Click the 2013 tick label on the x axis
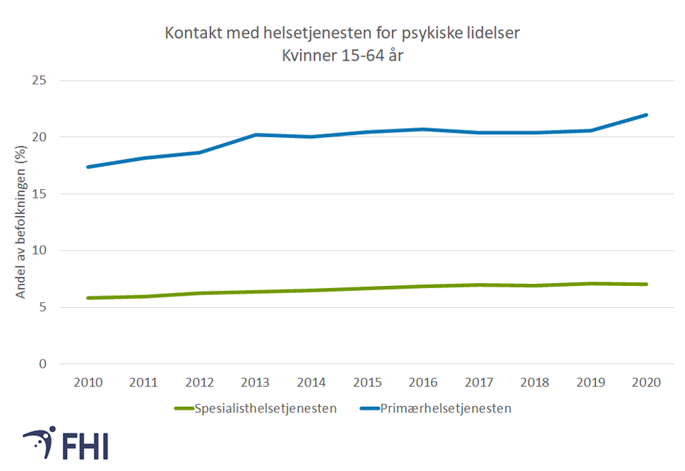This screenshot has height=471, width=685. pos(255,383)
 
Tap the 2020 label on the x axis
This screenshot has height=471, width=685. pos(646,383)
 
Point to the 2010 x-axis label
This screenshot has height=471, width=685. pos(88,383)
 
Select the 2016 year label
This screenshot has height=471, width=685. pos(423,383)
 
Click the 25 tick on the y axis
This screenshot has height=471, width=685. pos(40,80)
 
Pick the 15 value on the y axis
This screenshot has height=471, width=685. pos(40,193)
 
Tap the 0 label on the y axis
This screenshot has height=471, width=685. pos(43,364)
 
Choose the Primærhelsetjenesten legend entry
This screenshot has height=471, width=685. pos(445,408)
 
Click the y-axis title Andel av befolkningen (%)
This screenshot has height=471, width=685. pos(20,223)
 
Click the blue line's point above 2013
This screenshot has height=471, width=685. pos(255,134)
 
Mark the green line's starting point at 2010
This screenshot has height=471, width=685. pos(88,298)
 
